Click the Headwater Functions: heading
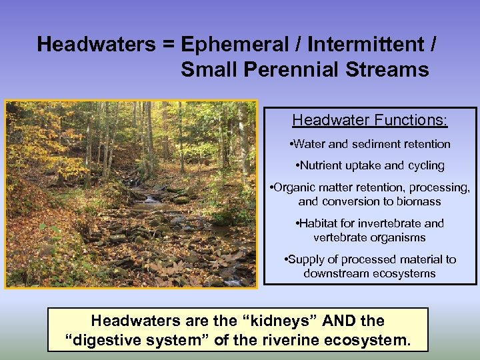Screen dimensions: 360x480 [370, 121]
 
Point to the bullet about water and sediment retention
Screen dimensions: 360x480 [370, 144]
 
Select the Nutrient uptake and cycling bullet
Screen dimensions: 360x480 [370, 165]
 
